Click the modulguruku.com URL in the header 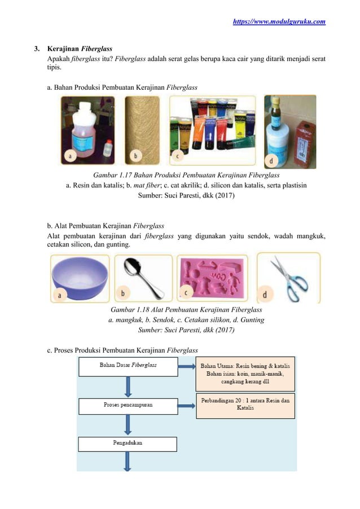point(279,21)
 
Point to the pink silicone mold point(212,277)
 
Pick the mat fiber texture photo point(142,130)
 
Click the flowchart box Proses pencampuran point(128,405)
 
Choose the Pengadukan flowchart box point(128,444)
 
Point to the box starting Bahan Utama point(245,374)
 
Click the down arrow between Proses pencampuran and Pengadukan point(128,424)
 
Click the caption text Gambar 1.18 point(186,310)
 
